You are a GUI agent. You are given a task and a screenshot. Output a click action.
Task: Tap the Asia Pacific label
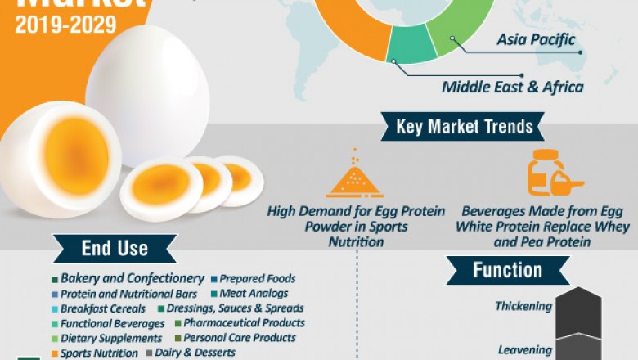536,39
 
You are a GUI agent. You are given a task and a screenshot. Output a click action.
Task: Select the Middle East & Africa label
513,87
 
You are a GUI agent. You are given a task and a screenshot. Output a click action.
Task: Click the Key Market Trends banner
464,127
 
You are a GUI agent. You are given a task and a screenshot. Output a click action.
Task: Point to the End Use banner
115,249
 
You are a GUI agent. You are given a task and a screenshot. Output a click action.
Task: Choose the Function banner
507,270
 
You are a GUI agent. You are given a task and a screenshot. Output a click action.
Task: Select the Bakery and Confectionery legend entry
128,279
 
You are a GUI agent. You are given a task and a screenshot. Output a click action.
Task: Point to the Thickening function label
523,307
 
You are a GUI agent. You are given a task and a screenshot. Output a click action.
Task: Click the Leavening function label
525,350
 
